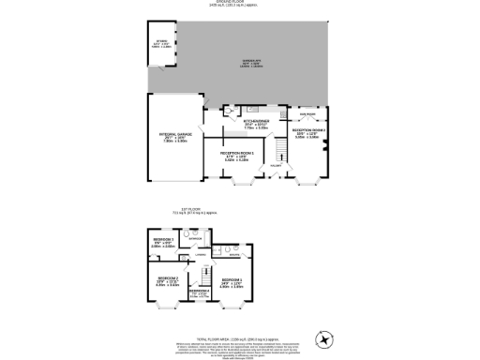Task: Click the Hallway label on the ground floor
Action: point(277,166)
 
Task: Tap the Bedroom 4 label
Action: point(199,292)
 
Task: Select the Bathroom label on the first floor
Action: point(195,238)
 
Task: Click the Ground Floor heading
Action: point(239,3)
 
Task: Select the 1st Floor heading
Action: point(191,211)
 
